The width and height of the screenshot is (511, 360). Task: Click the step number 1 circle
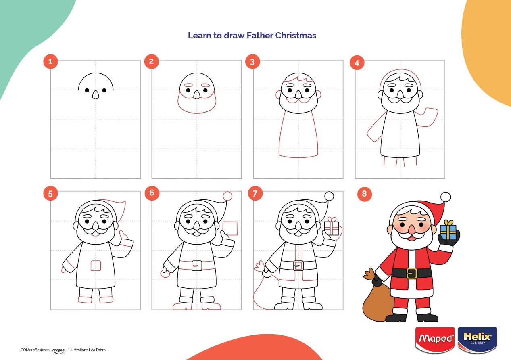pos(50,61)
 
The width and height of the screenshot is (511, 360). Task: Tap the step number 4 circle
pos(357,63)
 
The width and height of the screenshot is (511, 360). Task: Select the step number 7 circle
pos(255,193)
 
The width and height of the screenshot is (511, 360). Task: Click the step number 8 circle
pos(364,194)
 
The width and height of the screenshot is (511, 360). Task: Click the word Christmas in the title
pos(296,36)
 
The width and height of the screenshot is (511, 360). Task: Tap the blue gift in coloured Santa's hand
pos(448,232)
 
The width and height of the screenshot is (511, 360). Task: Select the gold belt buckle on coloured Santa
pos(411,273)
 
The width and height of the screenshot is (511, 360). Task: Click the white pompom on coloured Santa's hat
pos(445,197)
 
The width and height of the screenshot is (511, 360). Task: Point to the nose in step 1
pos(96,95)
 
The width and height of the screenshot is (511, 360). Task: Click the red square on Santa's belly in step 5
pos(96,266)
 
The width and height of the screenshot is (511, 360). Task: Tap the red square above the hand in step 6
pos(230,228)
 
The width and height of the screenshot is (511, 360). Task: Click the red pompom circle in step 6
pos(227,196)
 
